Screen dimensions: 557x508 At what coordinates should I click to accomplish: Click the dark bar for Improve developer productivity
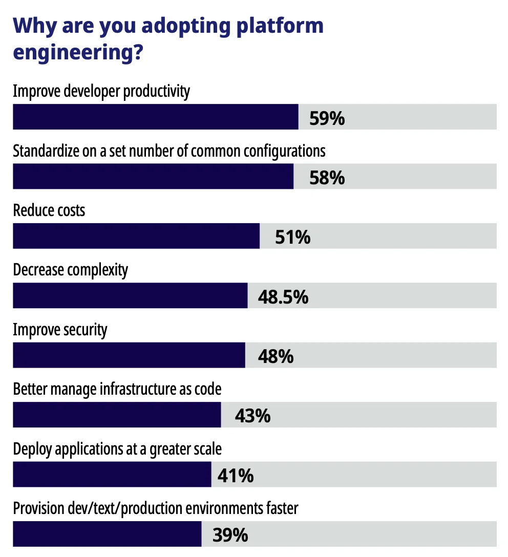tap(155, 117)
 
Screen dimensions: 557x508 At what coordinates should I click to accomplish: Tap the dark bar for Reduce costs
tap(136, 236)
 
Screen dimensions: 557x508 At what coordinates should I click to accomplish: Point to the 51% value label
tap(292, 238)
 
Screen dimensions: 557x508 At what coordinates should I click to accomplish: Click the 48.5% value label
tap(283, 297)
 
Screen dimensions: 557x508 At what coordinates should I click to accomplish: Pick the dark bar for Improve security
tap(129, 355)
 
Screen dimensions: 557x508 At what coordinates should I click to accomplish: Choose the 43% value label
tap(252, 416)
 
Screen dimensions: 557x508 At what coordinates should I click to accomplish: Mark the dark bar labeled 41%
tap(112, 474)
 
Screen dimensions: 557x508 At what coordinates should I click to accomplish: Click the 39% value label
tap(230, 535)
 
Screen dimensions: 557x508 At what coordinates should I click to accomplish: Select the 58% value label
tap(327, 178)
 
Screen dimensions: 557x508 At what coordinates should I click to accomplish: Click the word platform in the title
tap(276, 25)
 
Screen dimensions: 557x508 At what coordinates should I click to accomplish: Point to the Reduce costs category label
tap(49, 210)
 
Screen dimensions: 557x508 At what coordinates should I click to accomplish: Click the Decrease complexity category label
tap(71, 270)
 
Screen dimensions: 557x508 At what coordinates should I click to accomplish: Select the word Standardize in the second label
tap(45, 151)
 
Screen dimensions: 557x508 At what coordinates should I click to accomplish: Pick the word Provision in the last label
tap(39, 509)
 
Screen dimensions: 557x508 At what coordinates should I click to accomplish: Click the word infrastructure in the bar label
tap(130, 389)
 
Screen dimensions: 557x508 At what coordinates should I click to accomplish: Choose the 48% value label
tap(276, 356)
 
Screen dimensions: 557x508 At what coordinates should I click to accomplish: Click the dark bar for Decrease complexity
tap(130, 295)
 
